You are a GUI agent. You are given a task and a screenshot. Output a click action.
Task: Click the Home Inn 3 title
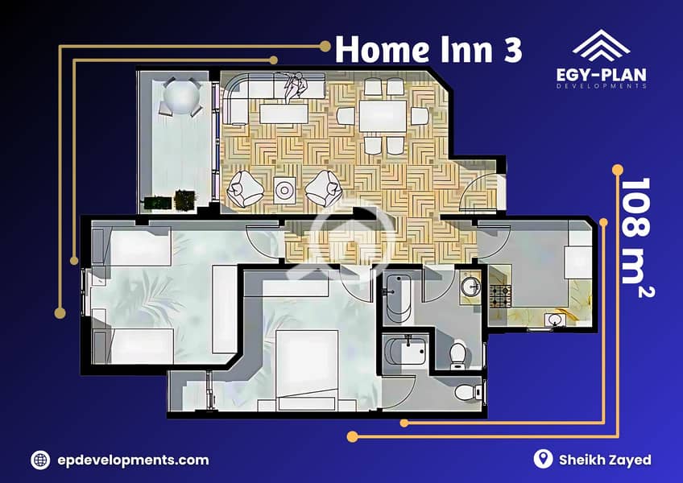(428, 49)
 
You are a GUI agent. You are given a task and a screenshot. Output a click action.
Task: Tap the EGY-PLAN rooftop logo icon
(601, 45)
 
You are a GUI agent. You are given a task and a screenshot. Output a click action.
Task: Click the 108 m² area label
(636, 237)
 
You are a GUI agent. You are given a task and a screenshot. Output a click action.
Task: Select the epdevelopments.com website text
(133, 460)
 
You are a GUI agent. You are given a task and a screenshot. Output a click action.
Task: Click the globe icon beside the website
(40, 460)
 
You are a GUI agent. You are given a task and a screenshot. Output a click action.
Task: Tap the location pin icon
(543, 459)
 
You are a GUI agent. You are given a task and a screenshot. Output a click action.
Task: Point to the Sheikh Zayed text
(605, 460)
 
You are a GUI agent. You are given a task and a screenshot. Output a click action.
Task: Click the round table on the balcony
(182, 97)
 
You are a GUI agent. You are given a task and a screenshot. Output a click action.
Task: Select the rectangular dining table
(383, 116)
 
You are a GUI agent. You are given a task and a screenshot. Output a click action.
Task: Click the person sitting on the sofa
(295, 86)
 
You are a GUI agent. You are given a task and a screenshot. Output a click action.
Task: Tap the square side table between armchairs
(284, 190)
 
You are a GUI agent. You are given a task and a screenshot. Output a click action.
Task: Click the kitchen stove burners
(500, 295)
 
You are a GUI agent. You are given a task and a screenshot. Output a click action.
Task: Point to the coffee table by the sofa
(284, 114)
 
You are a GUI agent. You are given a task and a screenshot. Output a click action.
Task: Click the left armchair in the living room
(245, 188)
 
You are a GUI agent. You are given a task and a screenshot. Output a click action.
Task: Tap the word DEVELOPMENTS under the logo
(601, 86)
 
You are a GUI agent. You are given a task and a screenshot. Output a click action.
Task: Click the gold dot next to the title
(325, 46)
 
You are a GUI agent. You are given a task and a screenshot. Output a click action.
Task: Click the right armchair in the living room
(324, 188)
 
